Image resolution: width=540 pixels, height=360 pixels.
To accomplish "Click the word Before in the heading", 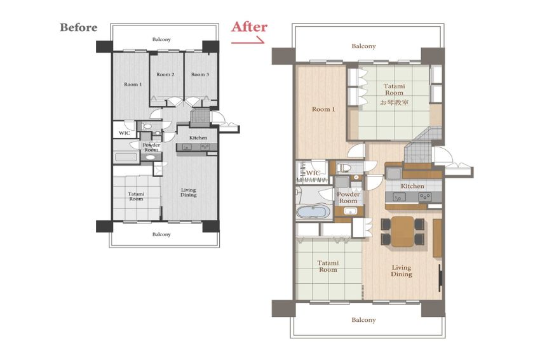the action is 79,27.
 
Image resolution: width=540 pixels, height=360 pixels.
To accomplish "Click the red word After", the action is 249,27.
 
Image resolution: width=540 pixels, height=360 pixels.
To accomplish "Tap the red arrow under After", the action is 248,41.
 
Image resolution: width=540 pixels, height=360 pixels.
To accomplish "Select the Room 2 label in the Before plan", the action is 165,74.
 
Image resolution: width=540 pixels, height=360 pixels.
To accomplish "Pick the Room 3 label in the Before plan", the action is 200,74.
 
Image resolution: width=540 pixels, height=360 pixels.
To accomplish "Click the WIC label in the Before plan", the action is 125,133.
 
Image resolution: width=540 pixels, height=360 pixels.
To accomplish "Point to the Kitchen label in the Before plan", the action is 198,138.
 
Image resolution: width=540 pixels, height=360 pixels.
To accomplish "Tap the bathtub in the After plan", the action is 311,211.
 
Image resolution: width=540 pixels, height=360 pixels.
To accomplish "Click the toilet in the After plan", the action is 344,168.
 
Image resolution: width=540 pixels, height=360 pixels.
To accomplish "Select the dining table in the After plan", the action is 402,231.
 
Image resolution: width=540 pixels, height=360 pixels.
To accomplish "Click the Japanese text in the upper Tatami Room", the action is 395,103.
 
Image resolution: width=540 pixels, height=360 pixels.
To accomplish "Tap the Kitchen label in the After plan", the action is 412,186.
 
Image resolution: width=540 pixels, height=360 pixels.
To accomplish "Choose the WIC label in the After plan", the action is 313,173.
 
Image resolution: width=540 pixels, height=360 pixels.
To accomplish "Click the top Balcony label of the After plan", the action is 363,46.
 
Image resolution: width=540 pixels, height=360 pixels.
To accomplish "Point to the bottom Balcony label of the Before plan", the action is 161,234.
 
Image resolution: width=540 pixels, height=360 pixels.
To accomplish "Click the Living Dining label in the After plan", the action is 402,270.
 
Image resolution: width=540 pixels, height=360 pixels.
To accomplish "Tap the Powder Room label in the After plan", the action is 348,197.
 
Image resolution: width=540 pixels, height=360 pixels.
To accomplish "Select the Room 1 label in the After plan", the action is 323,109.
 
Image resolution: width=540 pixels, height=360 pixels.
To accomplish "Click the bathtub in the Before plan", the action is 126,157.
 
